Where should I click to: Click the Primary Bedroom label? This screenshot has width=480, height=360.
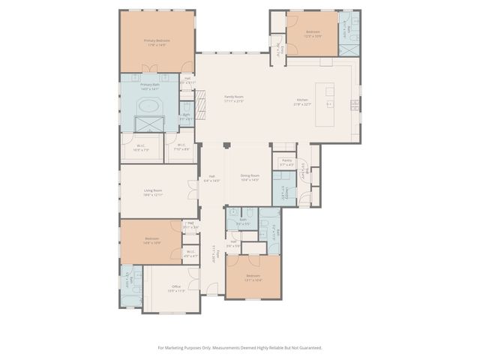157,42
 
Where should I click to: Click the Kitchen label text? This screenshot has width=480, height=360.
301,103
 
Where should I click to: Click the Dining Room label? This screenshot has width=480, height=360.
250,178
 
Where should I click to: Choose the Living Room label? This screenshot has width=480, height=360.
153,193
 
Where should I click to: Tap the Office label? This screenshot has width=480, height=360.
176,288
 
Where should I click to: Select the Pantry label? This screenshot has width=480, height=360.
286,161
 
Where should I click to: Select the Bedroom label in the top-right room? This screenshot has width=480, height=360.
312,33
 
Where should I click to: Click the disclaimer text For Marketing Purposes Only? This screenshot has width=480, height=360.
239,347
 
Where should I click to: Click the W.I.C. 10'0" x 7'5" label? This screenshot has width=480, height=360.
141,147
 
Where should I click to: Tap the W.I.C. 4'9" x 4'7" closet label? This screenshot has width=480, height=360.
190,254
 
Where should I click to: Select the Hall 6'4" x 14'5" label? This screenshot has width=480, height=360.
212,178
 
